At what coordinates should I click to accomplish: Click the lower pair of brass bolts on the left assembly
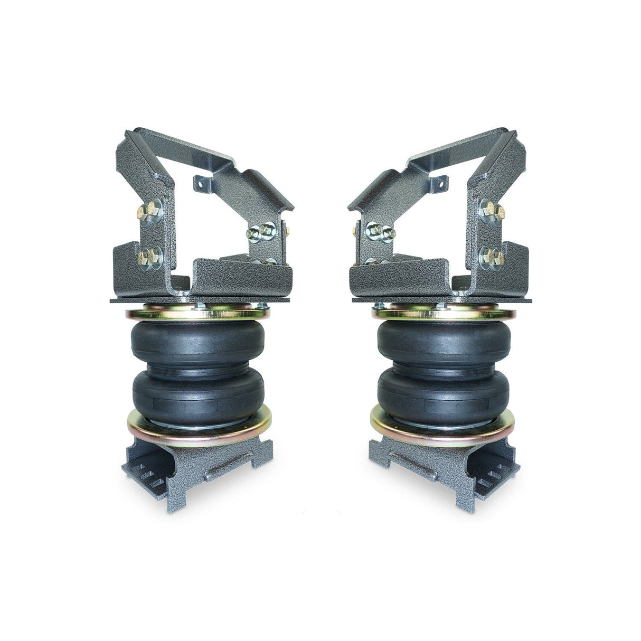coord(150,258)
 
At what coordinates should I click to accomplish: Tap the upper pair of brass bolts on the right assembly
coord(492,211)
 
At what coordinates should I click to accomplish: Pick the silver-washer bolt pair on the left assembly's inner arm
coord(261,230)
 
